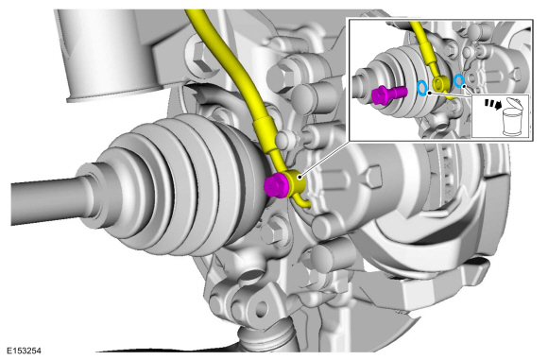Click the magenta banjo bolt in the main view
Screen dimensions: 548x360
point(276,185)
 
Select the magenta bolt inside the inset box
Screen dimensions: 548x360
point(388,94)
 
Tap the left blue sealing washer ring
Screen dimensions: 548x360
point(422,88)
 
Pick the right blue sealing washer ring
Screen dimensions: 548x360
point(459,80)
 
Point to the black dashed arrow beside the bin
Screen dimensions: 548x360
point(492,103)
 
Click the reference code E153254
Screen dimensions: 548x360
point(25,351)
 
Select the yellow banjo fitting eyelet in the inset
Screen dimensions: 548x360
point(438,83)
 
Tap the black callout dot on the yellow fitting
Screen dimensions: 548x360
point(300,177)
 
